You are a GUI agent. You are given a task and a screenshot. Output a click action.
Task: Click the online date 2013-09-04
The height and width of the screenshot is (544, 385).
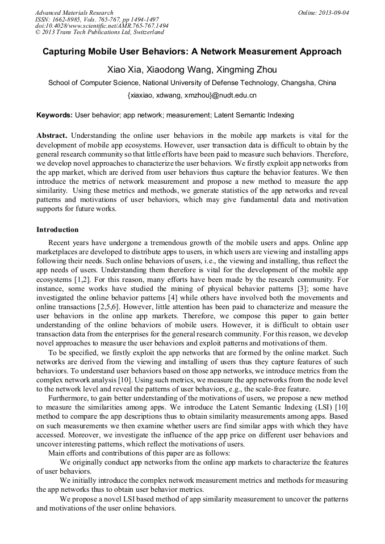(335, 12)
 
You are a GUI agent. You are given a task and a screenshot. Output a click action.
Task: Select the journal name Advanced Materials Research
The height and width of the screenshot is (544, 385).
(74, 12)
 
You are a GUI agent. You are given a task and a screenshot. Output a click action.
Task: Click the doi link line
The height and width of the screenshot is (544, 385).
(101, 26)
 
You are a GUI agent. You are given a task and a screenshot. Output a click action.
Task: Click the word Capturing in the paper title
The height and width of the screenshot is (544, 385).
(68, 52)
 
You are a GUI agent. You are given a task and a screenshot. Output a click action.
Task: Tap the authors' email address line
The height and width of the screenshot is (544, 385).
(192, 95)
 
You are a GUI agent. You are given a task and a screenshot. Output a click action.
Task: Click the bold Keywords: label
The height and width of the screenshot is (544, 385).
(55, 115)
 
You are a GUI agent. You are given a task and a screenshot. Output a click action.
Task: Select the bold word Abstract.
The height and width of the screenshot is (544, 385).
(52, 136)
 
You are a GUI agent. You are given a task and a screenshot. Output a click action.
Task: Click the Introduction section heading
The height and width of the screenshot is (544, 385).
(57, 230)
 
